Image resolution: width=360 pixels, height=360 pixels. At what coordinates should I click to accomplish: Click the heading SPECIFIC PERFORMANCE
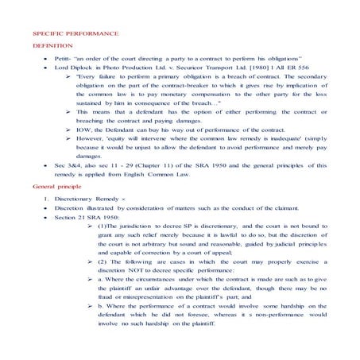(75, 36)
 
